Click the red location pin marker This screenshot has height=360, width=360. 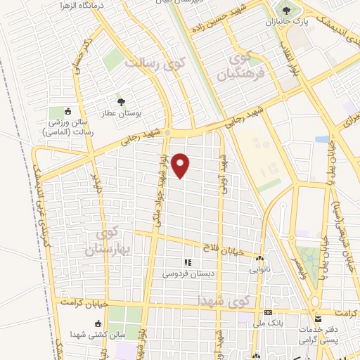click(181, 165)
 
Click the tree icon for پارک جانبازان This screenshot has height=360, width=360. click(286, 11)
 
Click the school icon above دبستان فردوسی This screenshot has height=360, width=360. click(188, 262)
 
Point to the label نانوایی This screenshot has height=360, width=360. click(259, 269)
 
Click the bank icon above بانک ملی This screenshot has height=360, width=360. click(267, 312)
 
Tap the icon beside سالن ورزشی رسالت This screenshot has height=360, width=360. click(68, 111)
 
